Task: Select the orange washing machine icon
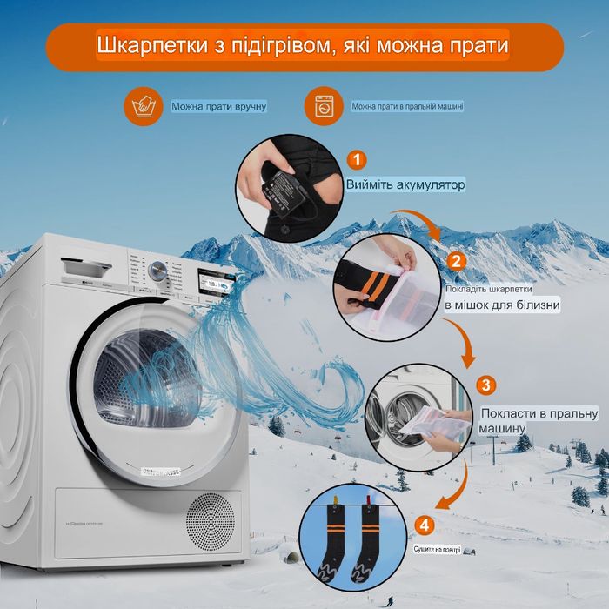[323, 106]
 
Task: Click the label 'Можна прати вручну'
[218, 107]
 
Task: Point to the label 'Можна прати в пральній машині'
[407, 107]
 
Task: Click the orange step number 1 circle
[357, 160]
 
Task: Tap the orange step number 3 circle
[486, 385]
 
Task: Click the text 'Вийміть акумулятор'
[405, 185]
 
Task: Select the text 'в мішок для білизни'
[502, 304]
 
